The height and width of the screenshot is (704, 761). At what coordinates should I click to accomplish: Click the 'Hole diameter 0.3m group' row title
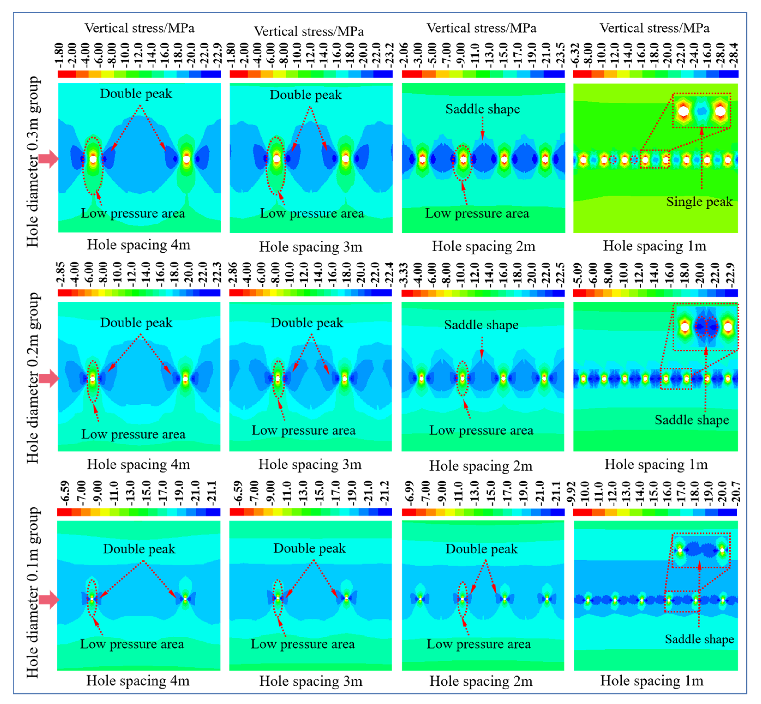click(33, 162)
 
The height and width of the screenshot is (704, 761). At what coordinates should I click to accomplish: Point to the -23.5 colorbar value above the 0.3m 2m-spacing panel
click(560, 55)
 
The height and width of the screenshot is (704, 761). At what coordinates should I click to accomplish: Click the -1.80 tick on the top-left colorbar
click(59, 55)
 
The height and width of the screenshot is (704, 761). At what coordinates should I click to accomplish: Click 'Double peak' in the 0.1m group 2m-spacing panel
click(482, 549)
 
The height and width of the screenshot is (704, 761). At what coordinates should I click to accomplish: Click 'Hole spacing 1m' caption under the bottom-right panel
click(652, 680)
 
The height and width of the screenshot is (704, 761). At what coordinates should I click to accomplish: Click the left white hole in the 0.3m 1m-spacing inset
click(684, 111)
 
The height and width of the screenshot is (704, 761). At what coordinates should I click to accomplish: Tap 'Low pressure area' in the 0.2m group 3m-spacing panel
click(303, 430)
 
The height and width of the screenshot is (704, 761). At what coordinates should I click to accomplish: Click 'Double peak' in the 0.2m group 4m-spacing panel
click(136, 323)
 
